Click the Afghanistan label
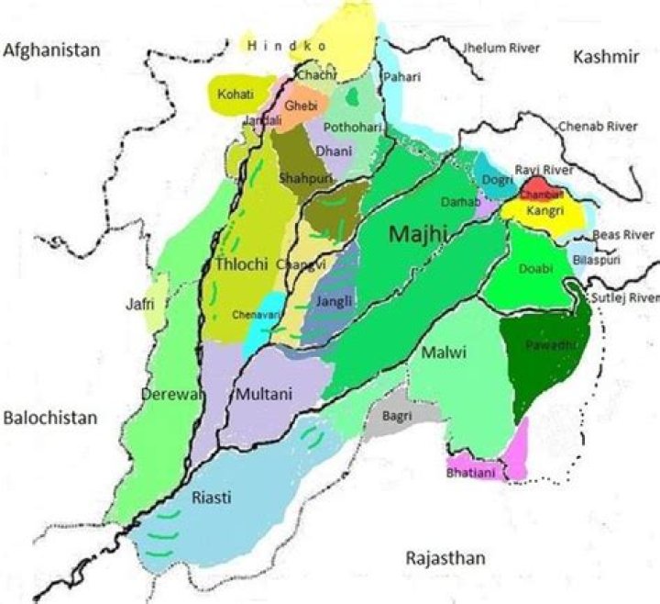tap(49, 50)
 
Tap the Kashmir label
tap(605, 58)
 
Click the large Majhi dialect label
tap(418, 236)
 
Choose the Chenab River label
tap(598, 126)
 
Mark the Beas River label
tap(623, 235)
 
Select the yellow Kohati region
tap(236, 95)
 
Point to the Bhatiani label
tap(470, 473)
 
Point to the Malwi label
tap(445, 352)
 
